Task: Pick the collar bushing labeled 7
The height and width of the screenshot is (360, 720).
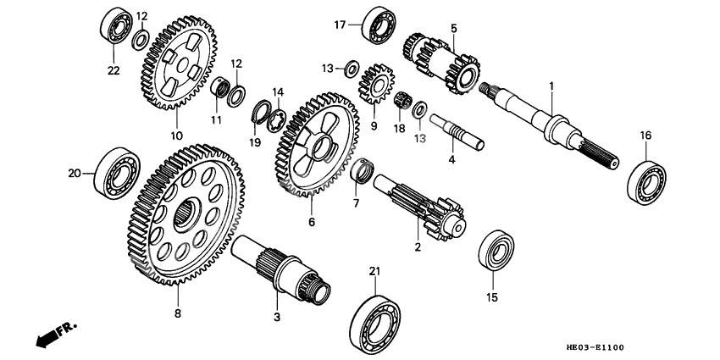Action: (362, 176)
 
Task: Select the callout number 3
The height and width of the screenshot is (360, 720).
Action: (275, 316)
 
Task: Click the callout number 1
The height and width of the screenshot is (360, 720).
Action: (551, 86)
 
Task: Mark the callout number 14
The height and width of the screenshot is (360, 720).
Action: (277, 91)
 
